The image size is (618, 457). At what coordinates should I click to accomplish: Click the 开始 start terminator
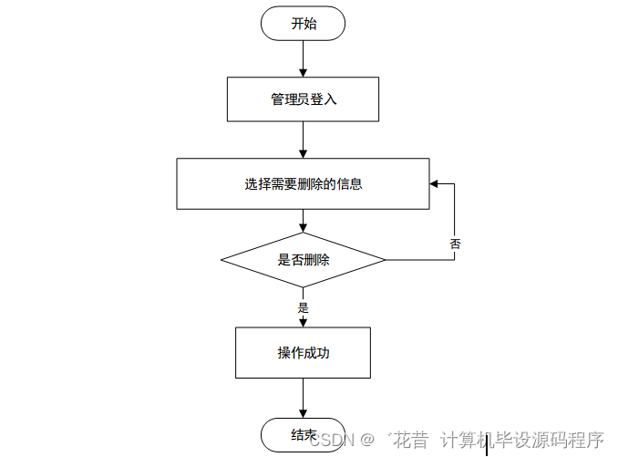[303, 24]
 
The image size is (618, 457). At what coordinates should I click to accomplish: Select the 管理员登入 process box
[303, 99]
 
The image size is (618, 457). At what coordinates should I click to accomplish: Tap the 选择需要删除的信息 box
[303, 183]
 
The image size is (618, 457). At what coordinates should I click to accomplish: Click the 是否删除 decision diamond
[303, 260]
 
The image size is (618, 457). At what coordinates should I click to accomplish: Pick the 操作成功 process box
[303, 353]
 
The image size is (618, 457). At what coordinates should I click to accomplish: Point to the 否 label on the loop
[455, 244]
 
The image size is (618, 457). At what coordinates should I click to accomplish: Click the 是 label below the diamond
[303, 307]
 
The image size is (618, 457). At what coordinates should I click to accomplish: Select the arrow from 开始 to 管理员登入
[303, 58]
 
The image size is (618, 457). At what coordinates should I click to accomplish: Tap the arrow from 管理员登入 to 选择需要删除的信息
[303, 140]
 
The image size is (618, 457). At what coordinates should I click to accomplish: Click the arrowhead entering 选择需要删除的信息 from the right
[435, 183]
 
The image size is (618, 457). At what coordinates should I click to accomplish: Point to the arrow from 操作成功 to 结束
[303, 399]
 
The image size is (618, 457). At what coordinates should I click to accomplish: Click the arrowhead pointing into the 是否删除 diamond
[303, 227]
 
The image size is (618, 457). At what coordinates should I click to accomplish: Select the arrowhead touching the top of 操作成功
[303, 322]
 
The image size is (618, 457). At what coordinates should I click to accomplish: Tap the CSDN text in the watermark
[329, 441]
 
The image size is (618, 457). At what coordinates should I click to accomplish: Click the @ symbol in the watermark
[367, 441]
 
